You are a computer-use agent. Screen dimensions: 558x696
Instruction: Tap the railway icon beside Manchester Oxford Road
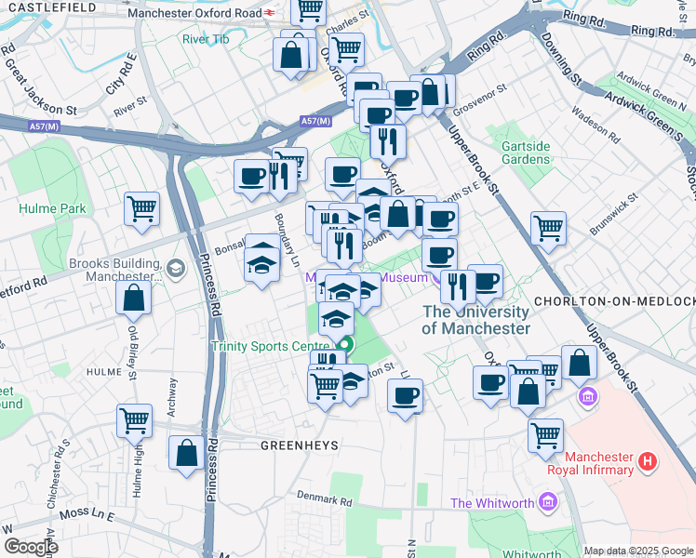point(268,13)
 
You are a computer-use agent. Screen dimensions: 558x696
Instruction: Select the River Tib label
point(206,39)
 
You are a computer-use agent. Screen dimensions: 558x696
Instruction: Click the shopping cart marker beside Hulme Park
point(141,209)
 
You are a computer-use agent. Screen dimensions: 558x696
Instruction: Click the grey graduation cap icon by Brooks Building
point(175,270)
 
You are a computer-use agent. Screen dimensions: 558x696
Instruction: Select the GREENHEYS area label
point(299,445)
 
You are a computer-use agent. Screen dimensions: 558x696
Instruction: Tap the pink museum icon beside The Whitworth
point(548,503)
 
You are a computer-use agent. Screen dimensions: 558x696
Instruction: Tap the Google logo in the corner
point(30,547)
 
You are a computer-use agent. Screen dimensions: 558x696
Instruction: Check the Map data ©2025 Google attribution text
point(638,551)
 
